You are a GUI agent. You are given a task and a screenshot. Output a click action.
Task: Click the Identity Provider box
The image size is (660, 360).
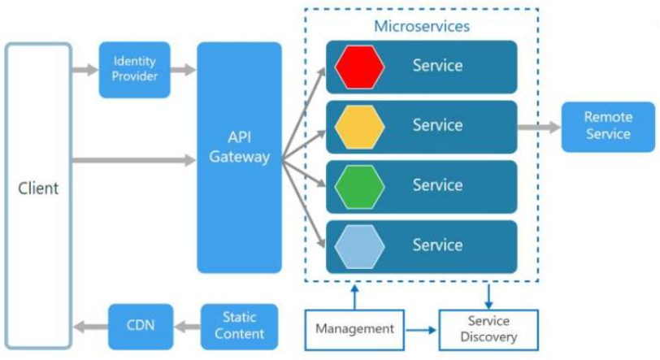pos(134,69)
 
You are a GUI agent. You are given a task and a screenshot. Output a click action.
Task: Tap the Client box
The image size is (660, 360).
pos(38,189)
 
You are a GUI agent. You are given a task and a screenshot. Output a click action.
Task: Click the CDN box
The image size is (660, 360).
pos(140,326)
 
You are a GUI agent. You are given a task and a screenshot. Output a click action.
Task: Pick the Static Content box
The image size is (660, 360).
pos(238,326)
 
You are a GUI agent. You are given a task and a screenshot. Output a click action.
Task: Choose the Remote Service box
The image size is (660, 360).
pos(607,126)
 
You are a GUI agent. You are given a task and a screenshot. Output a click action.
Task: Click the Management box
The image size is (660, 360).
pos(354,329)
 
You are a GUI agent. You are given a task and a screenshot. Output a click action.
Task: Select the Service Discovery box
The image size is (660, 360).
pos(488,329)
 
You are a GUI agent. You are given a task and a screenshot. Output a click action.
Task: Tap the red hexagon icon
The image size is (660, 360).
pos(359,67)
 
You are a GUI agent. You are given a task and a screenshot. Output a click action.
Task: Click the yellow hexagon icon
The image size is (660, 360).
pos(359,127)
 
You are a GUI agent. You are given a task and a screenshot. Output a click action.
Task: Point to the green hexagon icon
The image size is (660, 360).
pos(359,186)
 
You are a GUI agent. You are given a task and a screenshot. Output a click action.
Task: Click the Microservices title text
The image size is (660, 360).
pos(421,26)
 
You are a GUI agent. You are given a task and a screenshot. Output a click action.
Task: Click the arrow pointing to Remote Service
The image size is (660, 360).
pos(539,127)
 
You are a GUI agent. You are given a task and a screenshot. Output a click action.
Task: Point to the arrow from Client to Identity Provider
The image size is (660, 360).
pos(85,70)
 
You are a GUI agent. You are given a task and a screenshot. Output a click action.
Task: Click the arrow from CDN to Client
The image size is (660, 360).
pos(90,327)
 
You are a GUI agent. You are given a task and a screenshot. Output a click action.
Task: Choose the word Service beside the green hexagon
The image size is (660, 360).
pos(437,185)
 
